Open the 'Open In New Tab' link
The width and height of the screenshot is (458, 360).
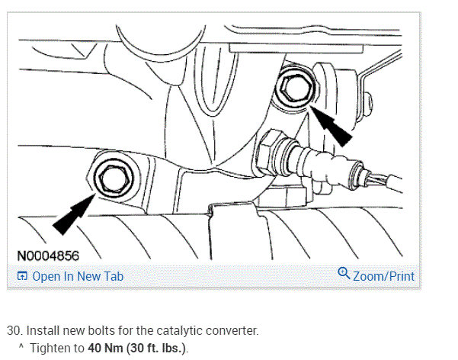77,276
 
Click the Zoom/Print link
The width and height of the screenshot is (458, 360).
383,275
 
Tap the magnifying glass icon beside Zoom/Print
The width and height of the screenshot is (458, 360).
343,275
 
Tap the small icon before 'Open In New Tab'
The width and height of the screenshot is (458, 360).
22,276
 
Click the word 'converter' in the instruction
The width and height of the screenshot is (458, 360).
232,332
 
